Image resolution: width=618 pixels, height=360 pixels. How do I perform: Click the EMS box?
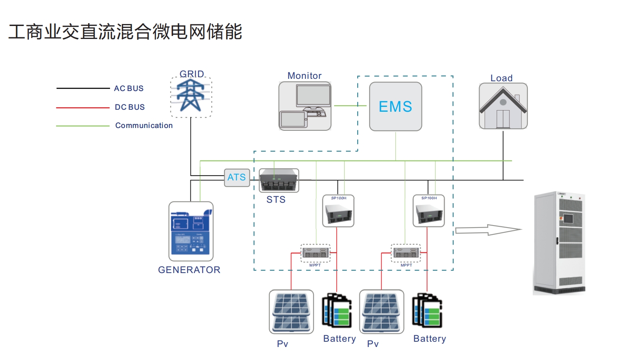(x=395, y=106)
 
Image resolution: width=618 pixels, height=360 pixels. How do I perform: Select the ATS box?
(x=237, y=178)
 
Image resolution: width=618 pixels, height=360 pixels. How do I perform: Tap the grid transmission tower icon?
(x=191, y=96)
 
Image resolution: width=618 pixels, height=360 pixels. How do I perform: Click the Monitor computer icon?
(x=305, y=106)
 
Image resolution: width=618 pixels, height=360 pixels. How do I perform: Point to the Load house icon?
(x=503, y=106)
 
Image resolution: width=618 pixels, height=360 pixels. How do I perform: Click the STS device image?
(x=279, y=180)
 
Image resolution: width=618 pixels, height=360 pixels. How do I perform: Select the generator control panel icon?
(x=191, y=231)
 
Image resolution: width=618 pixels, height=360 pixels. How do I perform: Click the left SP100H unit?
(x=338, y=211)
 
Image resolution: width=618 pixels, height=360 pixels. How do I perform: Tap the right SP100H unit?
(x=428, y=211)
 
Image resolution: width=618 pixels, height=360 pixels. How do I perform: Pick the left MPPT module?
(x=315, y=253)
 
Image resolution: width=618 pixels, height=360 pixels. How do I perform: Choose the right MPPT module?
(x=406, y=253)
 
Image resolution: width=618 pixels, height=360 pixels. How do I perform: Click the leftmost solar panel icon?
(x=291, y=312)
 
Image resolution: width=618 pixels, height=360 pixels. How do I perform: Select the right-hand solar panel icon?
(x=381, y=312)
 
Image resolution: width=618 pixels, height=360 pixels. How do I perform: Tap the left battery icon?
(x=337, y=311)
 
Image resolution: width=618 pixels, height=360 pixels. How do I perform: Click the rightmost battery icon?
(x=427, y=311)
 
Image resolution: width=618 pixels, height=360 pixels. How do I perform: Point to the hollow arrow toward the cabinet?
(x=487, y=230)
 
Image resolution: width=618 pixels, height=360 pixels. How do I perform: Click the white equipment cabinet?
(x=559, y=243)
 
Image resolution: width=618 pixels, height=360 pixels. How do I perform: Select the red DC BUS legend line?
(x=83, y=108)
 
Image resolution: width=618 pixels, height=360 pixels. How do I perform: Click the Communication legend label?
(x=144, y=126)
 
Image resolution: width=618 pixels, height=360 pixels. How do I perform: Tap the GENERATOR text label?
(x=189, y=270)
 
